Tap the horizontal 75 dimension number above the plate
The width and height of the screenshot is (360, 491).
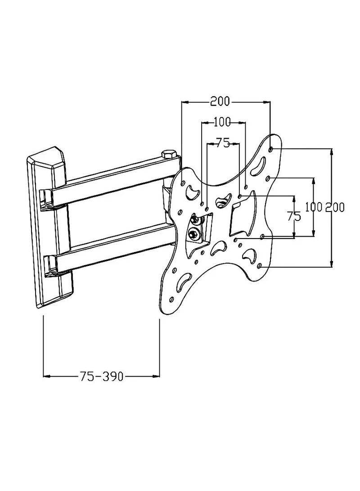pos(222,143)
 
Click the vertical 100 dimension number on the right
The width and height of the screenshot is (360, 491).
pos(314,207)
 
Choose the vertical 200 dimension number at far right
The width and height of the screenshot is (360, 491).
pos(335,207)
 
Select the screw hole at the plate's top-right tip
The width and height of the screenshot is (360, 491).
pos(270,149)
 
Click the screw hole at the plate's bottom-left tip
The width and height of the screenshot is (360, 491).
pos(171,300)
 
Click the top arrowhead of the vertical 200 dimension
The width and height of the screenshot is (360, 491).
pos(332,152)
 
